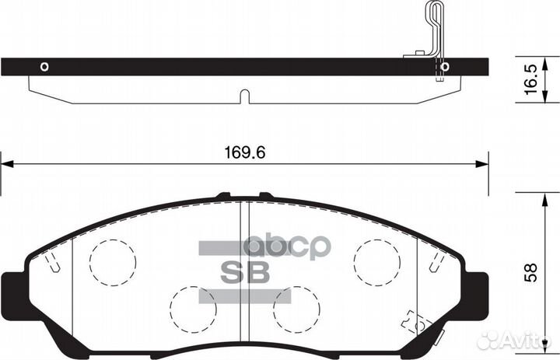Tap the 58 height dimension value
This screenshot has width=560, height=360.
click(530, 274)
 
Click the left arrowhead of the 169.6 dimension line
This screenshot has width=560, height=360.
click(6, 164)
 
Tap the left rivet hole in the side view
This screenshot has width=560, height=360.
click(44, 66)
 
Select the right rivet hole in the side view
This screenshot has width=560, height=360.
click(444, 67)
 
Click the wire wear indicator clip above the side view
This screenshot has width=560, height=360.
click(432, 31)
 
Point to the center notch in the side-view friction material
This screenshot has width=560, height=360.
click(243, 97)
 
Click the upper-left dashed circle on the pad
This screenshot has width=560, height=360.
click(112, 260)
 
